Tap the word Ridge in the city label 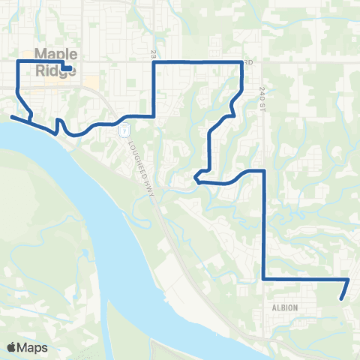coord(50,73)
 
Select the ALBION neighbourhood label coord(285,307)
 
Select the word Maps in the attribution coord(33,347)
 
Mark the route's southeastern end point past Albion coord(343,298)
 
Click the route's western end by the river coord(11,116)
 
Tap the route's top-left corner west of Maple coord(18,60)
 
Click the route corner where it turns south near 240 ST coord(263,171)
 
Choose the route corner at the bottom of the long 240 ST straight coord(263,278)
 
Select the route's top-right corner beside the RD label coord(241,62)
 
